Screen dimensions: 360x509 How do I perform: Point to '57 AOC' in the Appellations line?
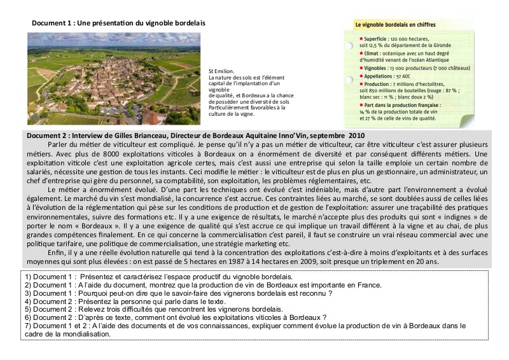tap(405, 76)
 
